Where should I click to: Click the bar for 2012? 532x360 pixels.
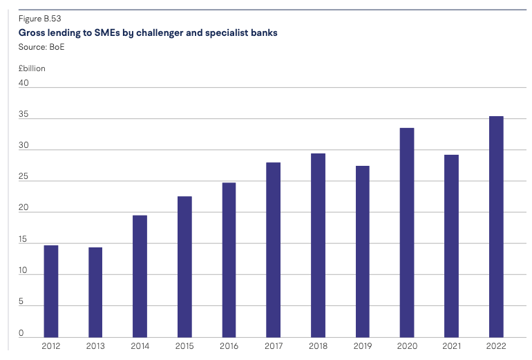coord(51,291)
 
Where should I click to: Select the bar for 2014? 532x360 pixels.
coord(140,276)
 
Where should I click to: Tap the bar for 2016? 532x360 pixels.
coord(229,259)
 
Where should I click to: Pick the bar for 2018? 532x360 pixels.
coord(318,245)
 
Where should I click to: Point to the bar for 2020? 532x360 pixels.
coord(407,232)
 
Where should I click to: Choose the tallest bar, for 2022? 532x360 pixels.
coord(496,226)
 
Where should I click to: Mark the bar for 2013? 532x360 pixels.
coord(95,292)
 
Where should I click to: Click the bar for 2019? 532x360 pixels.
coord(362,251)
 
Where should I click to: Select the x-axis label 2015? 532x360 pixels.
coord(184,345)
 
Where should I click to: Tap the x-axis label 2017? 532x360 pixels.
coord(274,345)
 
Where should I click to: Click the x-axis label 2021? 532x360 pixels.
coord(451,345)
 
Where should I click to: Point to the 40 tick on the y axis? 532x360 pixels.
coord(23,83)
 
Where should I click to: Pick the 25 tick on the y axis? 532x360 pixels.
coord(23,177)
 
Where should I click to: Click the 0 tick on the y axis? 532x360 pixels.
coord(21,333)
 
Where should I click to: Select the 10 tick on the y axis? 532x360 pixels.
coord(23,271)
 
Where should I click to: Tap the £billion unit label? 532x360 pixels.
coord(32,68)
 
